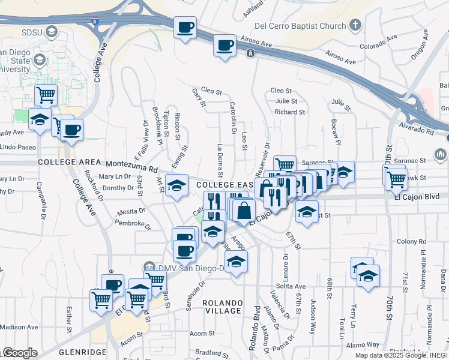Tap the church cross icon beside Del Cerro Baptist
[x=355, y=26]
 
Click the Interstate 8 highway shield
[x=95, y=22]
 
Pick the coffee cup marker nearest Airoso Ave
[x=225, y=46]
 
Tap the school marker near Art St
[x=176, y=187]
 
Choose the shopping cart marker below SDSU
[x=46, y=94]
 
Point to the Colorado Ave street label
[x=379, y=42]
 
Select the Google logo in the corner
[x=20, y=353]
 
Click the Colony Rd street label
[x=411, y=241]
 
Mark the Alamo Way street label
[x=363, y=345]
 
